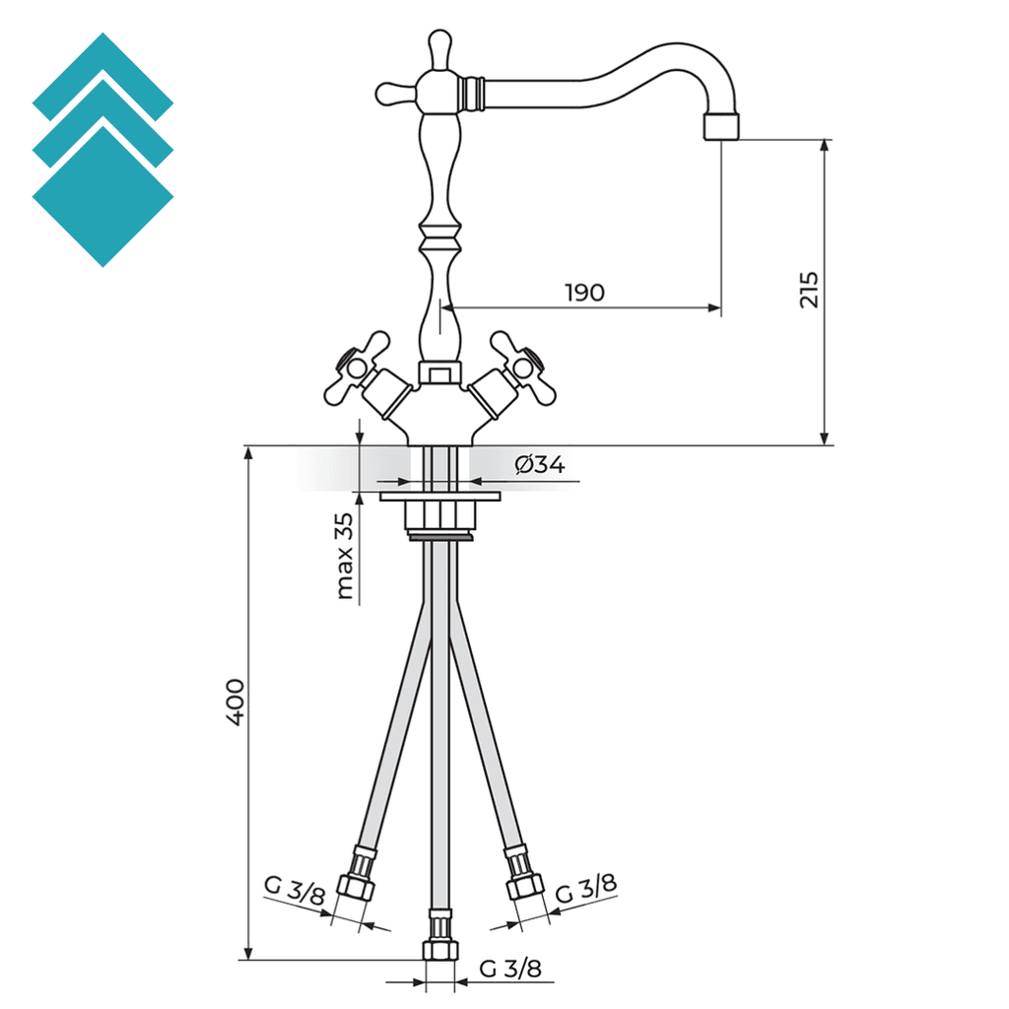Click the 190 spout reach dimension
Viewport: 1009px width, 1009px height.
(584, 293)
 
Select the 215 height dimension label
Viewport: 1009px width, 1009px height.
(809, 290)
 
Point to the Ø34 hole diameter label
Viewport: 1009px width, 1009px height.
(540, 465)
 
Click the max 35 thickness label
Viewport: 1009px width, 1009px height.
(344, 557)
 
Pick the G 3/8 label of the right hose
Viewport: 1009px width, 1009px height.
(586, 889)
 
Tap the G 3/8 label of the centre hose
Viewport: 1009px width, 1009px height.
(510, 969)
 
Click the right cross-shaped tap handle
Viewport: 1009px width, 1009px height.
(522, 367)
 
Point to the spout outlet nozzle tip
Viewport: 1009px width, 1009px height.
(721, 127)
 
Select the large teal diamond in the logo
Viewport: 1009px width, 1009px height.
(102, 197)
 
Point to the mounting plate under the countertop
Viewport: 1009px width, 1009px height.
(440, 497)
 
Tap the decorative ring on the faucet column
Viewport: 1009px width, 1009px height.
(439, 237)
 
